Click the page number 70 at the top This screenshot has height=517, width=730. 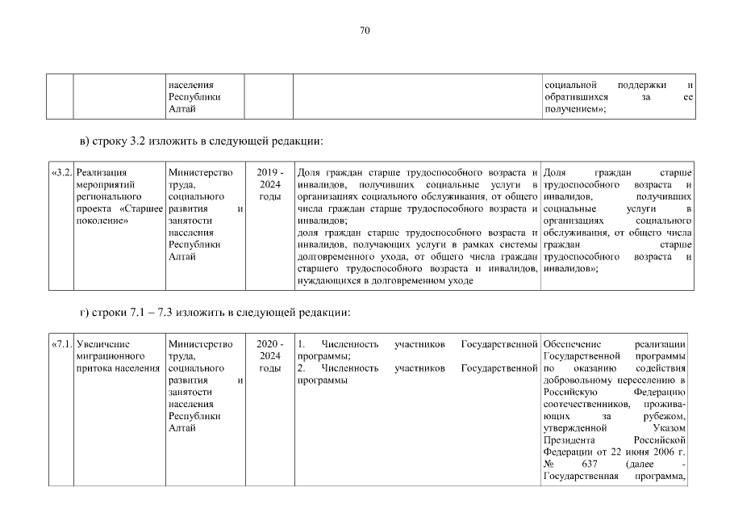[x=365, y=32]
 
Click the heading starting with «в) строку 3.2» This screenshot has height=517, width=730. [x=202, y=141]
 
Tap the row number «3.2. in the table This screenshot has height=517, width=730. [x=61, y=172]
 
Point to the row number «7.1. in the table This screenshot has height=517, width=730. [x=61, y=344]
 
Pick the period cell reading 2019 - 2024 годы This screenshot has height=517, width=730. [x=269, y=184]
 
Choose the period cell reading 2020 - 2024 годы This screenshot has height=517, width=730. [x=269, y=356]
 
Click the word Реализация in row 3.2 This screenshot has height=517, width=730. [x=101, y=172]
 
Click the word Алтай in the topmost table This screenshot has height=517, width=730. [x=181, y=109]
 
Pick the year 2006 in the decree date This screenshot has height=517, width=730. [x=662, y=452]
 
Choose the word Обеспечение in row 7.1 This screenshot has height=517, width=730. [x=574, y=344]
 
